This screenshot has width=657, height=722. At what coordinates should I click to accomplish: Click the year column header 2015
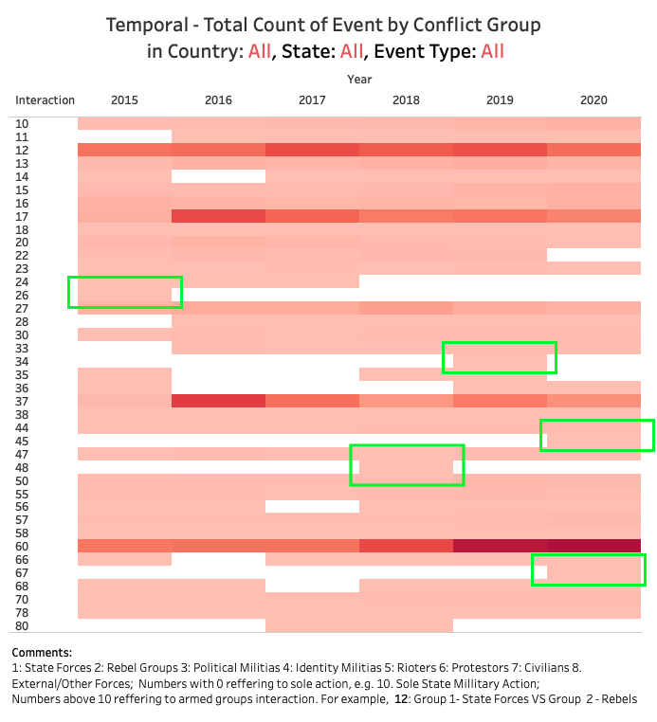[124, 99]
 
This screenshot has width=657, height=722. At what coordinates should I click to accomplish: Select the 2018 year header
[406, 99]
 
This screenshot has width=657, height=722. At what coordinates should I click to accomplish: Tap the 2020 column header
[593, 99]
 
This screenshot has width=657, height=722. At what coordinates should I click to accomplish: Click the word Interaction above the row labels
[45, 99]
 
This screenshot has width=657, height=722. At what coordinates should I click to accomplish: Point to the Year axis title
[359, 79]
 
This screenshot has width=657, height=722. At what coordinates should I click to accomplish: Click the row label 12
[22, 150]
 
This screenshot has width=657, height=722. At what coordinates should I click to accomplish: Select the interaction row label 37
[22, 401]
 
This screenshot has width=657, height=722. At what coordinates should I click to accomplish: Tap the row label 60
[22, 546]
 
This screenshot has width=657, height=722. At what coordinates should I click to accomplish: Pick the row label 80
[22, 625]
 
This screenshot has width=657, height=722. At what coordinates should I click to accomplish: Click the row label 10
[22, 123]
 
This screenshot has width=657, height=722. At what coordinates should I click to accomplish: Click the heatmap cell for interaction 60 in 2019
[500, 546]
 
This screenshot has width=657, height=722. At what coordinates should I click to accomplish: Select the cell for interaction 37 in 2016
[218, 401]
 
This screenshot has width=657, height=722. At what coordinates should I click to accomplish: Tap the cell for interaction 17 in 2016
[218, 216]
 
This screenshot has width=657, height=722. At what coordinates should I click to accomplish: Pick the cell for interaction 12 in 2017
[312, 150]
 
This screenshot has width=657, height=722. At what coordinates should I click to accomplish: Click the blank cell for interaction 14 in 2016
[218, 176]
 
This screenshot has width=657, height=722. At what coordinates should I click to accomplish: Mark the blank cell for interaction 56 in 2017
[312, 506]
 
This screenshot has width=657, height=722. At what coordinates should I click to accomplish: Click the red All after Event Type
[492, 51]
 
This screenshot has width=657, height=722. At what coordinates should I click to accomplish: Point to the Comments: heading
[42, 653]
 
